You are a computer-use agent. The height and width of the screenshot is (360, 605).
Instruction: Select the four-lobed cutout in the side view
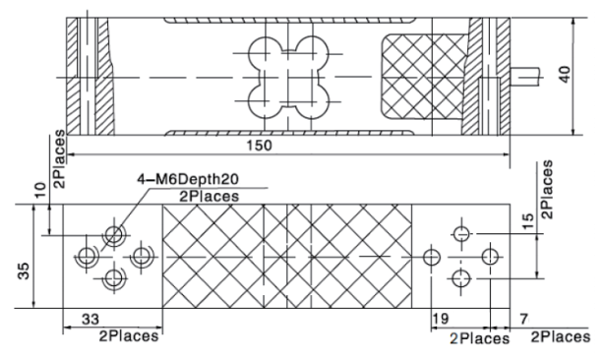tap(287, 75)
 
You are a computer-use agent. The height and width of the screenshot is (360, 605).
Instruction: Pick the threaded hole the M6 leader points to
tap(116, 234)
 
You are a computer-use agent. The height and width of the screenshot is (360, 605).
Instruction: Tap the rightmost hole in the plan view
tap(490, 256)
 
